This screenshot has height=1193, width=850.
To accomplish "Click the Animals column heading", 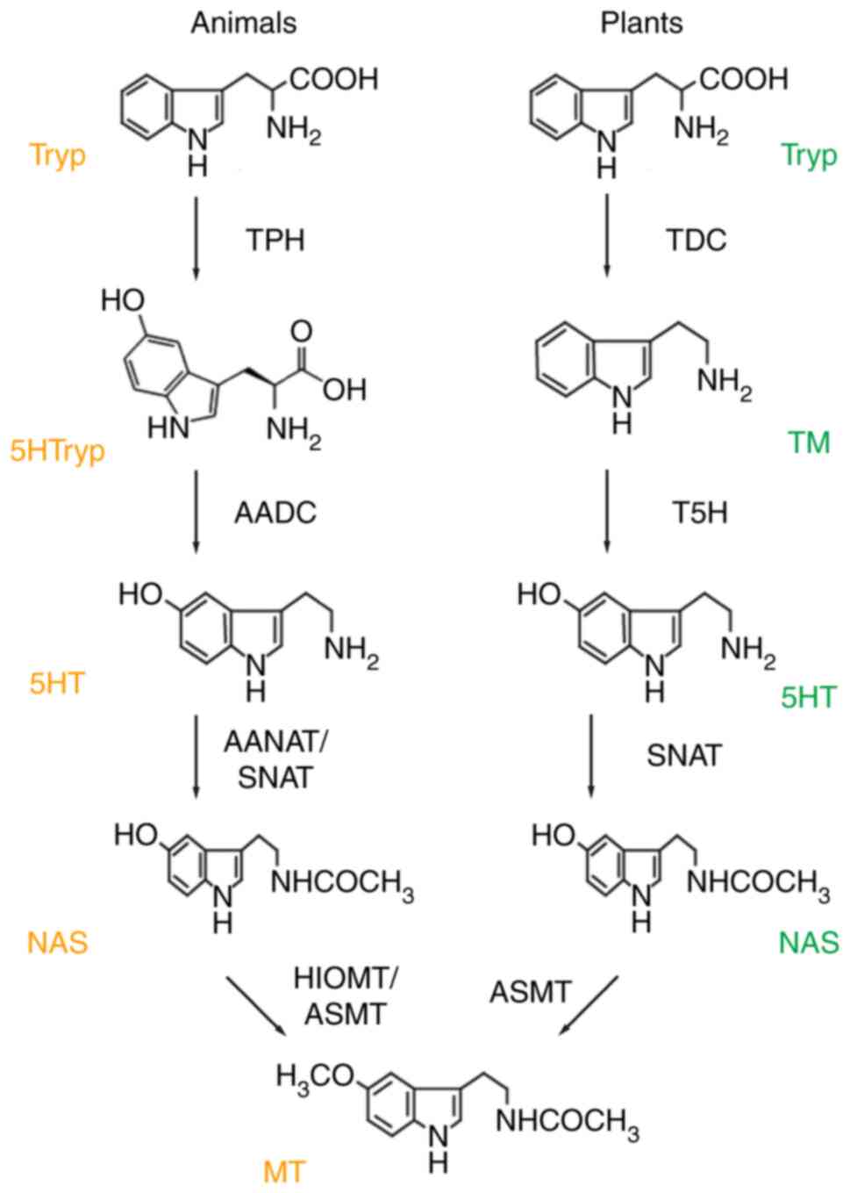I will (243, 23).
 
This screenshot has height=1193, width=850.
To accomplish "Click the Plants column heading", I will (641, 23).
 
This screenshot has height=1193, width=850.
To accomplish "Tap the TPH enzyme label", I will (275, 239).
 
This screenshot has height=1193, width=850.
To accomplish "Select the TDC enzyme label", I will (696, 239).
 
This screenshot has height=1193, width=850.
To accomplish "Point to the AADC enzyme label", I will (275, 512).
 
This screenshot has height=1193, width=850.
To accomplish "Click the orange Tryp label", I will (58, 155).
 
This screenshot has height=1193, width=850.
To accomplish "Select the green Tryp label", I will (809, 155).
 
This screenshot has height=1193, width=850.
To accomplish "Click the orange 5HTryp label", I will (57, 451).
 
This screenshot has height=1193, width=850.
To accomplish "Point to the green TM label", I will (808, 442).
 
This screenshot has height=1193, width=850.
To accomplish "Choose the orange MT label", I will (285, 1170).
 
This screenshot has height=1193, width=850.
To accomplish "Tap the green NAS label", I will (809, 942).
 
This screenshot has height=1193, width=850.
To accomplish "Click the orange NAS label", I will (58, 942).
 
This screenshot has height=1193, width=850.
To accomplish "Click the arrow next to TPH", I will (196, 237).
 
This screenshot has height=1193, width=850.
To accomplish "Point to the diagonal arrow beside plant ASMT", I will (589, 1004).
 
